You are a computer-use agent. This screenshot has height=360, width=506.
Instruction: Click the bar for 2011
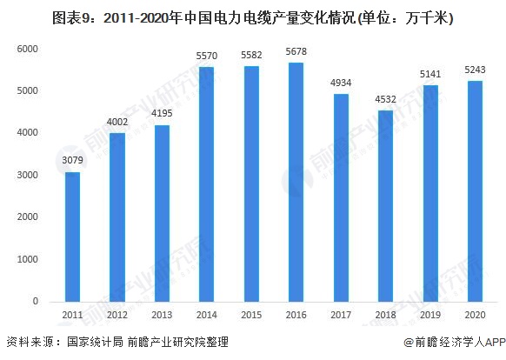pyautogui.click(x=73, y=237)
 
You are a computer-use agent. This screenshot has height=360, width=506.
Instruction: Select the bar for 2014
pyautogui.click(x=207, y=184)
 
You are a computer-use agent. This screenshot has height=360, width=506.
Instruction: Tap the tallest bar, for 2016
pyautogui.click(x=296, y=182)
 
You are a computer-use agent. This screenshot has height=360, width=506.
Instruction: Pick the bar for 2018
pyautogui.click(x=385, y=206)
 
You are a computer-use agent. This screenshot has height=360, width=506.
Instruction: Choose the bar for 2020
pyautogui.click(x=475, y=191)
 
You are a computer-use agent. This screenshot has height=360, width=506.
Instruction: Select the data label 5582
pyautogui.click(x=251, y=57)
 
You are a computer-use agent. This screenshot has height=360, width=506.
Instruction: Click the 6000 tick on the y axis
pyautogui.click(x=29, y=49)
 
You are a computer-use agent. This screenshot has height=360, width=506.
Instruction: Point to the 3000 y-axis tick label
pyautogui.click(x=29, y=176)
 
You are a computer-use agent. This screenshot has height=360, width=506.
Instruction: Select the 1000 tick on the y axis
pyautogui.click(x=29, y=260)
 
